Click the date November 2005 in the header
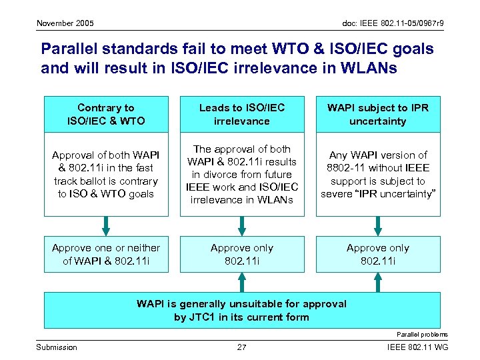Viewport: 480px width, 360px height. (65, 23)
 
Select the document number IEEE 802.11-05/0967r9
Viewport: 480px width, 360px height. (393, 23)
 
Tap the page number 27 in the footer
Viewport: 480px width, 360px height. (242, 347)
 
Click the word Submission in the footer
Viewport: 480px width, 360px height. (56, 347)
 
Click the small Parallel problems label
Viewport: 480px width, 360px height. (422, 334)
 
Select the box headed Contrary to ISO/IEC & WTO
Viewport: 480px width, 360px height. (105, 115)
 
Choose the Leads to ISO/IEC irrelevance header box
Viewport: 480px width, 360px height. (242, 115)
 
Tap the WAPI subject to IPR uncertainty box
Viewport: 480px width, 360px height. (378, 115)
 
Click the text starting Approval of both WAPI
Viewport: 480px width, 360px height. (105, 174)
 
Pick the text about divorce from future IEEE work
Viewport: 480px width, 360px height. (242, 174)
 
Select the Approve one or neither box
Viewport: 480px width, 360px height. (105, 254)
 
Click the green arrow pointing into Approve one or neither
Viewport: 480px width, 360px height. (105, 225)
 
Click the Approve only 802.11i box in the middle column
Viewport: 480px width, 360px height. (242, 254)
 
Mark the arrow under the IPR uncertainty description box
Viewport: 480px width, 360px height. (378, 225)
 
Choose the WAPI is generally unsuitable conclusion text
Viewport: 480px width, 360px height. (242, 310)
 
